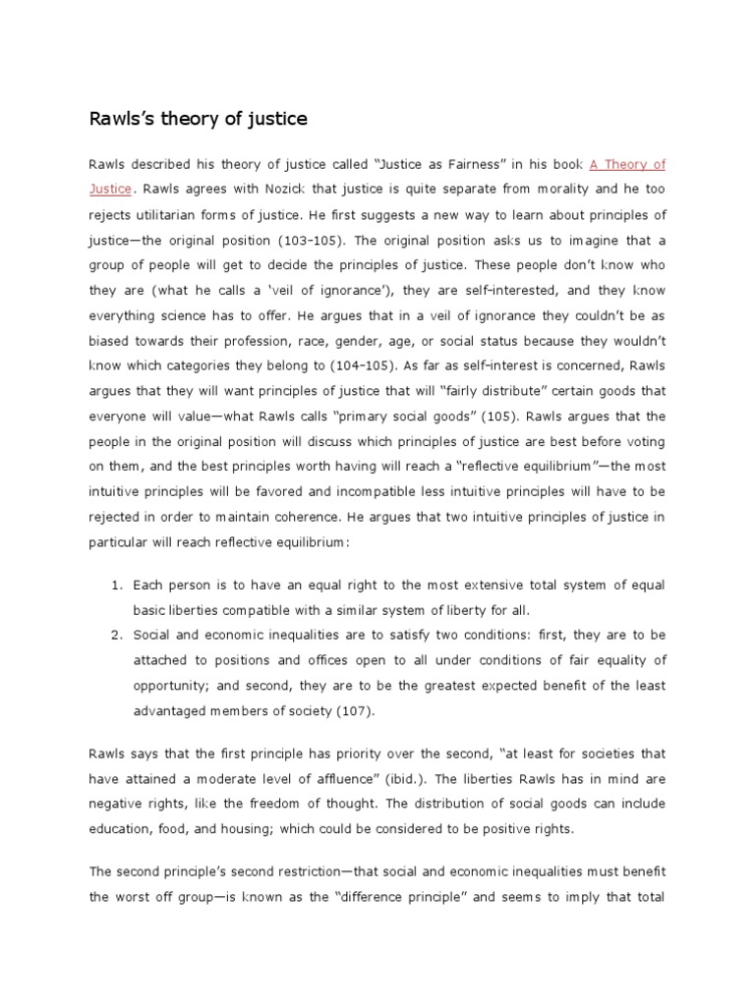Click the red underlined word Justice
click(110, 190)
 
